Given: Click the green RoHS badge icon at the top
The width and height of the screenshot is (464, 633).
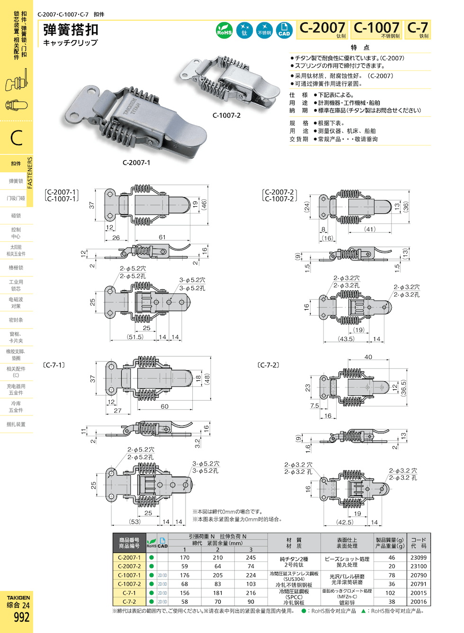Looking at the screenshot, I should [224, 30].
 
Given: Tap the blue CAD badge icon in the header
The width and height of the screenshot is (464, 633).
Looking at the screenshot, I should [284, 30].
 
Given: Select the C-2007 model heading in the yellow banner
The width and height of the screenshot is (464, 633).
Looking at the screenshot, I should [322, 28].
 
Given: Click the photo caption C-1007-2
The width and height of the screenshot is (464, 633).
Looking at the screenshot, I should [226, 115].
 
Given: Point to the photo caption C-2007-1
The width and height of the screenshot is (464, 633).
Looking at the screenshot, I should [136, 163].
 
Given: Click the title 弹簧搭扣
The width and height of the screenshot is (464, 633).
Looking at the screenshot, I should [71, 30].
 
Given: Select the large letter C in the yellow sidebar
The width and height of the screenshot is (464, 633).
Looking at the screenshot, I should [17, 138].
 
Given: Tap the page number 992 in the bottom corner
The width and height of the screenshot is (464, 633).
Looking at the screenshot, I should [21, 617].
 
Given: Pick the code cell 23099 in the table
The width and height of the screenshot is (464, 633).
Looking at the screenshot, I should [418, 558].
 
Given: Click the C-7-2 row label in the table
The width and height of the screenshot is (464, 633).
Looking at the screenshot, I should [129, 602].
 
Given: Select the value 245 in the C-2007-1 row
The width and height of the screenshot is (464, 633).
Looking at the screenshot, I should [250, 558].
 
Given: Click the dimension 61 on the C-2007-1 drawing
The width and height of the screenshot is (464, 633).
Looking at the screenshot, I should [162, 237].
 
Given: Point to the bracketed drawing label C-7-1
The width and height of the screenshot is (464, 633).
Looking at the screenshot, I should [54, 365].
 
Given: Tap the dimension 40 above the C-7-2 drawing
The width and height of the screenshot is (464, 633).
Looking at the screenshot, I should [368, 357].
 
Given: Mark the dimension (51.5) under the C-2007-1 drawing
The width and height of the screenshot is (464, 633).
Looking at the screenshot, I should [135, 337].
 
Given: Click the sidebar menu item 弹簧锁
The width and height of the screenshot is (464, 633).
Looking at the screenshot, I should [16, 181].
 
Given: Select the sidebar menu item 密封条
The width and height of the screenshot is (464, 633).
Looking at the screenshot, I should [16, 320].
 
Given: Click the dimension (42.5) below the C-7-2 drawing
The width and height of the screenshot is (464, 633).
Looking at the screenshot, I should [345, 522].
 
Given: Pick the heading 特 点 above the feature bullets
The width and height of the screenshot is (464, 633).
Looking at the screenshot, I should [360, 47].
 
